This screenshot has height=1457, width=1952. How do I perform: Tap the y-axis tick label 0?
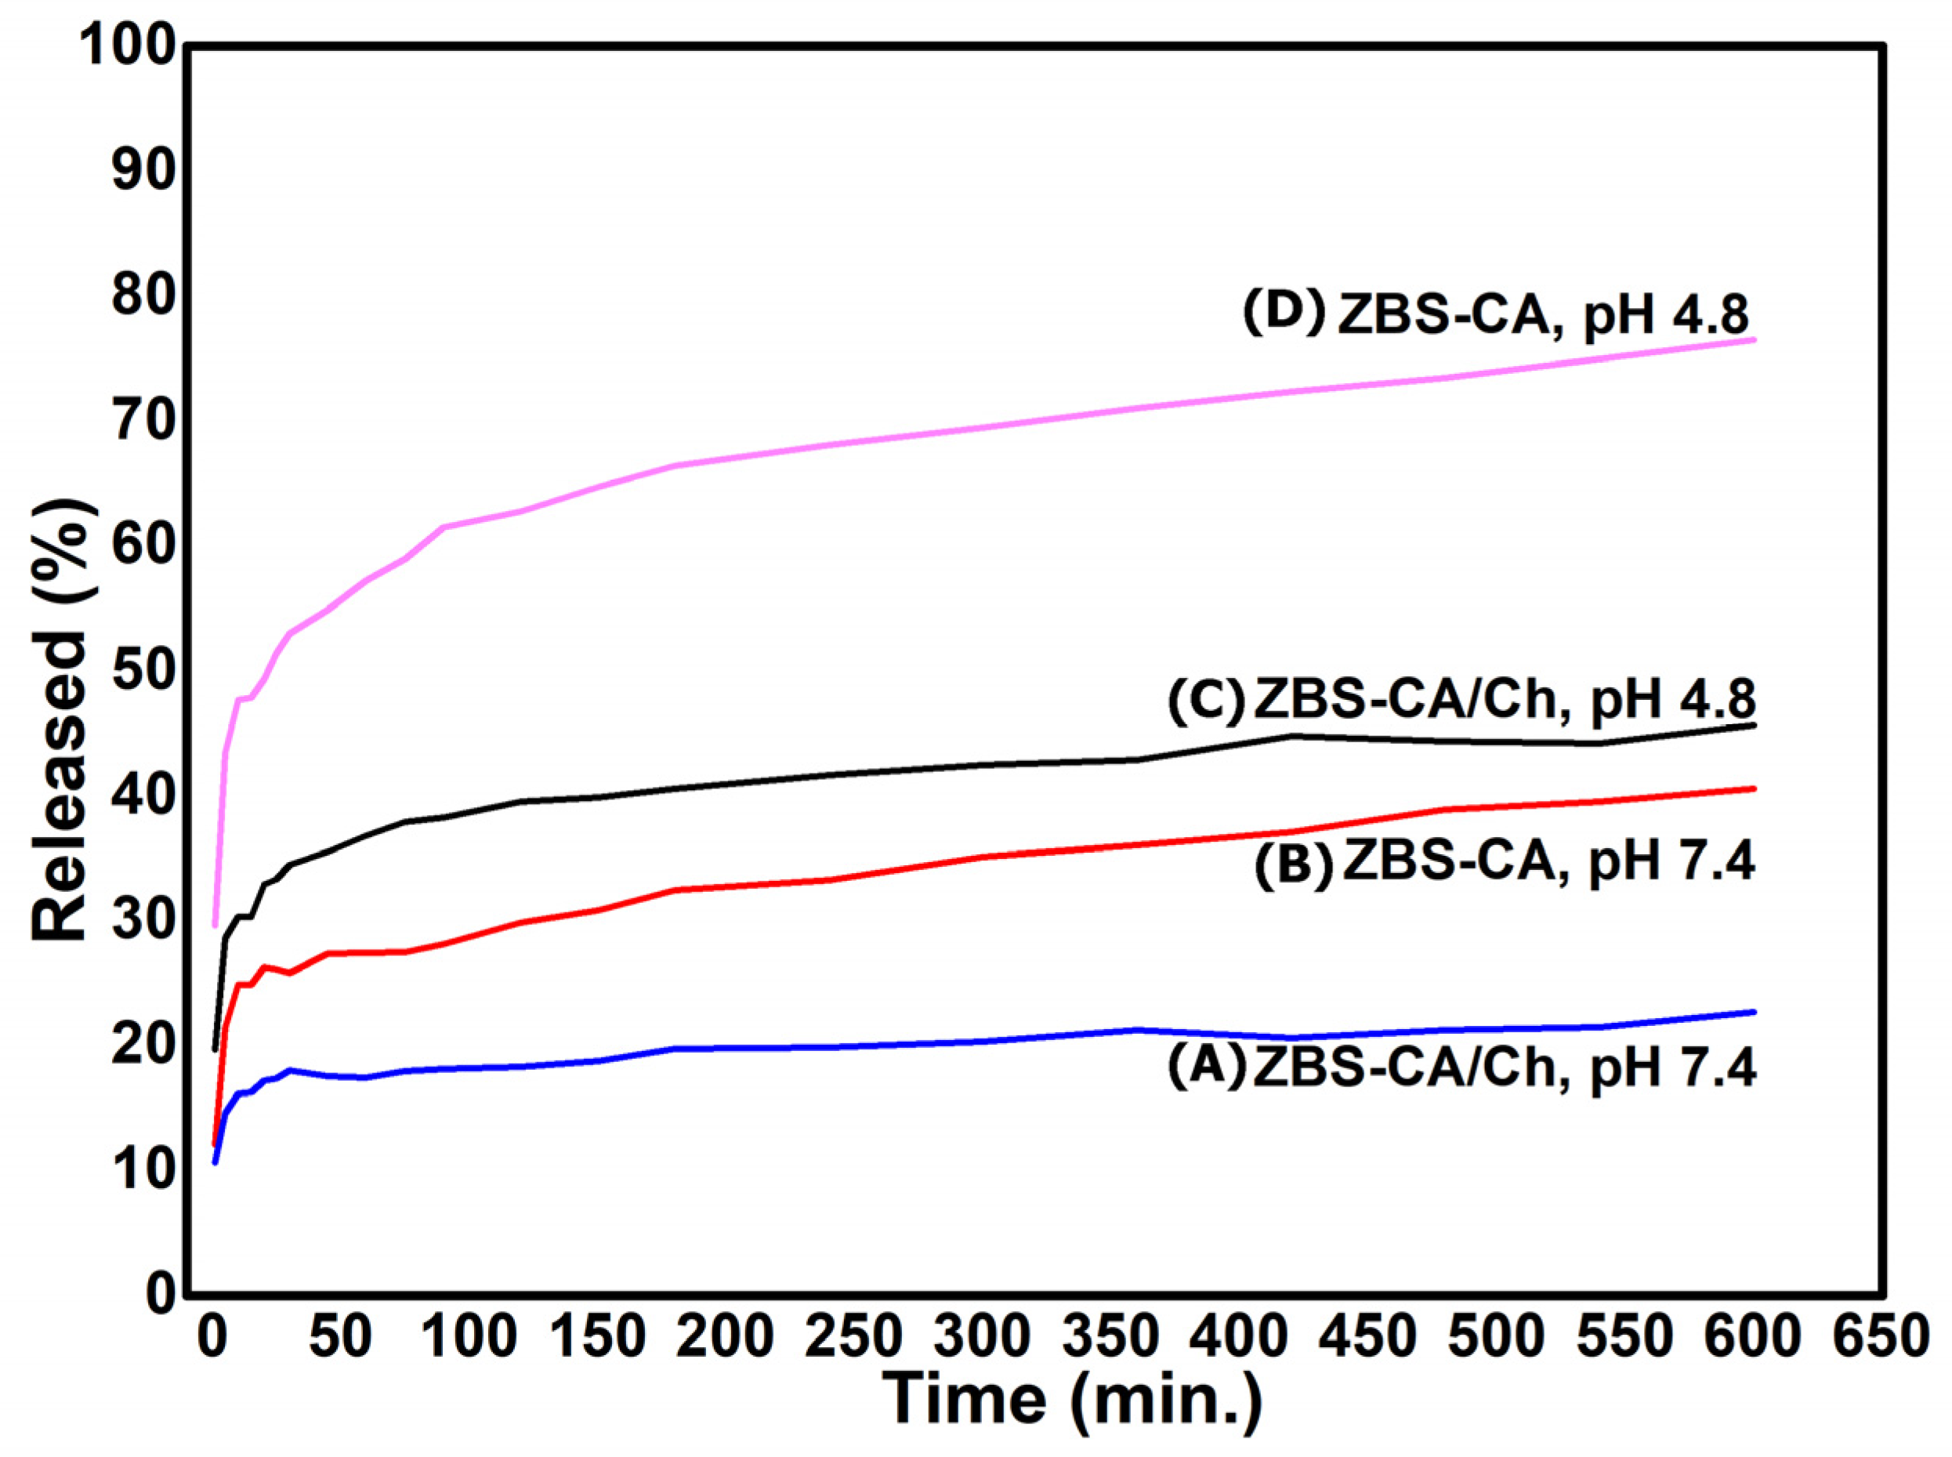[161, 1296]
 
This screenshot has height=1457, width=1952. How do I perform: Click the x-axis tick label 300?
[981, 1337]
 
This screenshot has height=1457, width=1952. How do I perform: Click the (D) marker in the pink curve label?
[1284, 313]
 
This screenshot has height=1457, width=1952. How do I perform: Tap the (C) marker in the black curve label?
[1207, 702]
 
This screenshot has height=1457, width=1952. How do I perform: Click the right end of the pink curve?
[1755, 339]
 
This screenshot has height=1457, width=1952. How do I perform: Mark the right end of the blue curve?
[1755, 1012]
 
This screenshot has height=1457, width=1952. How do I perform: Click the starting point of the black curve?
[214, 1049]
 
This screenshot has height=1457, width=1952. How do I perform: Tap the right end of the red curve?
[1755, 788]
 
